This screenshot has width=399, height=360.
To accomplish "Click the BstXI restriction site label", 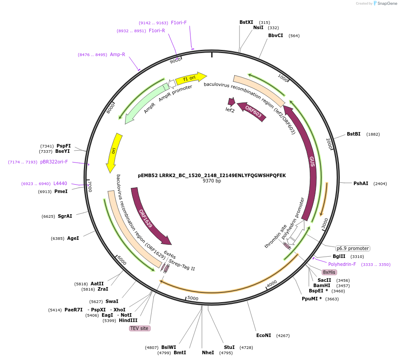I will pyautogui.click(x=246, y=22).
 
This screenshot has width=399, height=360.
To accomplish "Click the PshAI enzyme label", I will pyautogui.click(x=361, y=183).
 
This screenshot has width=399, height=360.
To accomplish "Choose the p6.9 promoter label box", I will pyautogui.click(x=352, y=248).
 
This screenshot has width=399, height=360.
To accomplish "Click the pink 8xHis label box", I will pyautogui.click(x=329, y=272).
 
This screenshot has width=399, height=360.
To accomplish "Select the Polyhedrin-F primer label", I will pyautogui.click(x=342, y=264).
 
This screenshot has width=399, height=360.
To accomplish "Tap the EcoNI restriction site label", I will pyautogui.click(x=263, y=335).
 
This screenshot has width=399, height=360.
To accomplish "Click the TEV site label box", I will pyautogui.click(x=140, y=328).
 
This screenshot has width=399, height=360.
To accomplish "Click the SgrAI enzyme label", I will pyautogui.click(x=65, y=216).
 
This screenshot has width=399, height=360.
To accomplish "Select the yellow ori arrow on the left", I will pyautogui.click(x=113, y=152).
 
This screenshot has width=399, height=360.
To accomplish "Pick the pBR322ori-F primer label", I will pyautogui.click(x=54, y=162).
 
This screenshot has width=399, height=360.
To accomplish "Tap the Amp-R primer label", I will pyautogui.click(x=117, y=54).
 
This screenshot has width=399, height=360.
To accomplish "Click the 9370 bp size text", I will pyautogui.click(x=212, y=181).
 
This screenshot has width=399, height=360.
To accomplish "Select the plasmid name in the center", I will pyautogui.click(x=212, y=175).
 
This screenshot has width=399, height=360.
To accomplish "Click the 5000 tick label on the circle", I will pyautogui.click(x=193, y=298).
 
